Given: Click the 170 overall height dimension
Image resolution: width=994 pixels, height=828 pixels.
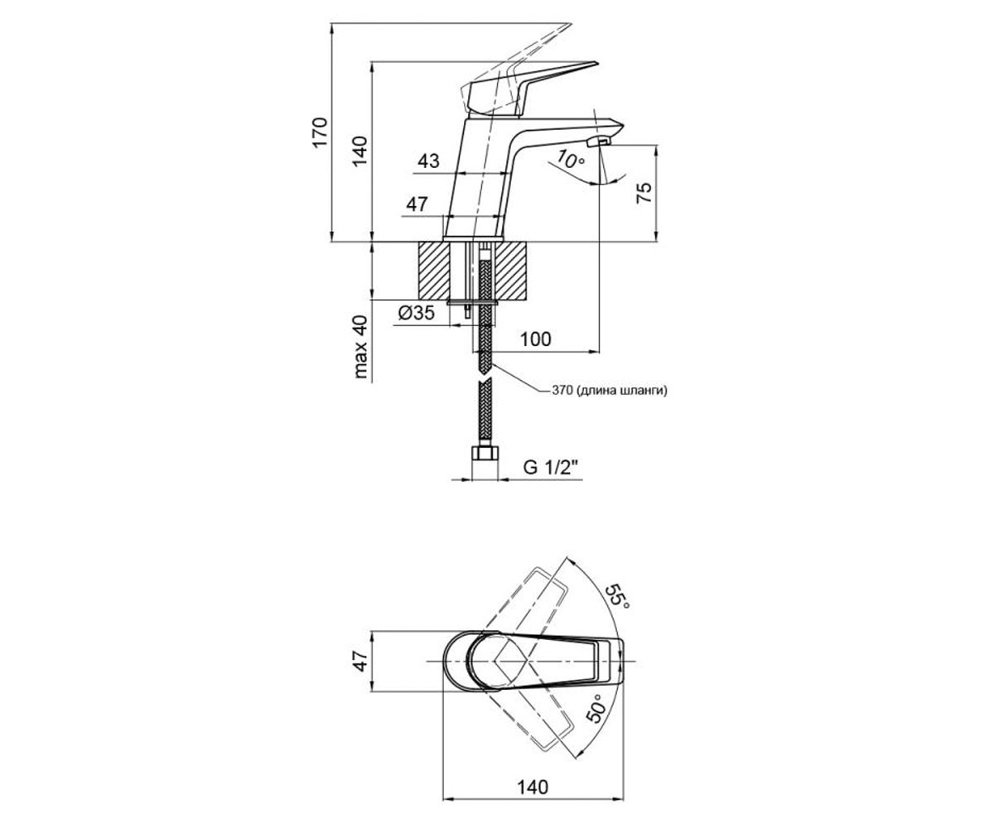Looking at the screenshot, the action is coord(321,132).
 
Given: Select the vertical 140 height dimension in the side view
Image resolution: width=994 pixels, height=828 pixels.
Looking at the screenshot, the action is coord(359,151).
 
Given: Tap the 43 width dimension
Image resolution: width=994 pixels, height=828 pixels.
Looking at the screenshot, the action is coord(428,161).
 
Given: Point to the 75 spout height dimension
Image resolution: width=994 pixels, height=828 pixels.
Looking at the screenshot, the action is coord(644,193).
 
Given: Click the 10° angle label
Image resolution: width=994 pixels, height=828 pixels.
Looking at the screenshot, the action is coord(570,160).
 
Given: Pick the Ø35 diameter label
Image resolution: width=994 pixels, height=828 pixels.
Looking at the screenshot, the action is coord(416,313).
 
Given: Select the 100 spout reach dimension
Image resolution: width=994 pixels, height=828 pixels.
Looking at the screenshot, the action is coord(536,339).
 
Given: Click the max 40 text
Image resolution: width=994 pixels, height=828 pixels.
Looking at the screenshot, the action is coord(360,346).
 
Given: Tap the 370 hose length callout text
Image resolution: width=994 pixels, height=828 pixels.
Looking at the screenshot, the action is coord(610,391).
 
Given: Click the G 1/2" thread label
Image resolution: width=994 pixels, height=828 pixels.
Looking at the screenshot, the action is coord(553,468).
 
